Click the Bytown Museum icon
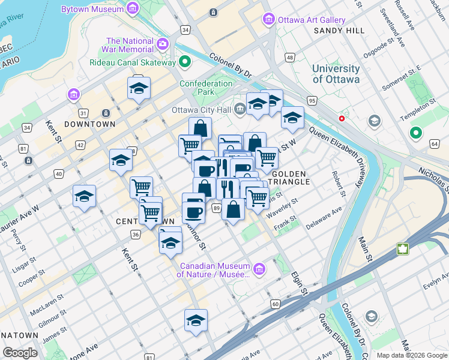click(x=132, y=8)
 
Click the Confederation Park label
click(x=205, y=88)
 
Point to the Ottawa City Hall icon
click(x=240, y=109)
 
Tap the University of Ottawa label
click(x=336, y=74)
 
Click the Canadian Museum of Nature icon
click(x=259, y=268)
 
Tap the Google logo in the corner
click(x=20, y=352)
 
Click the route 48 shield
click(x=290, y=58)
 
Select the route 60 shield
click(x=275, y=304)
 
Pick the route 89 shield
click(x=215, y=208)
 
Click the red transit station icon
click(x=342, y=119)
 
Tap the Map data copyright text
click(x=411, y=355)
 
